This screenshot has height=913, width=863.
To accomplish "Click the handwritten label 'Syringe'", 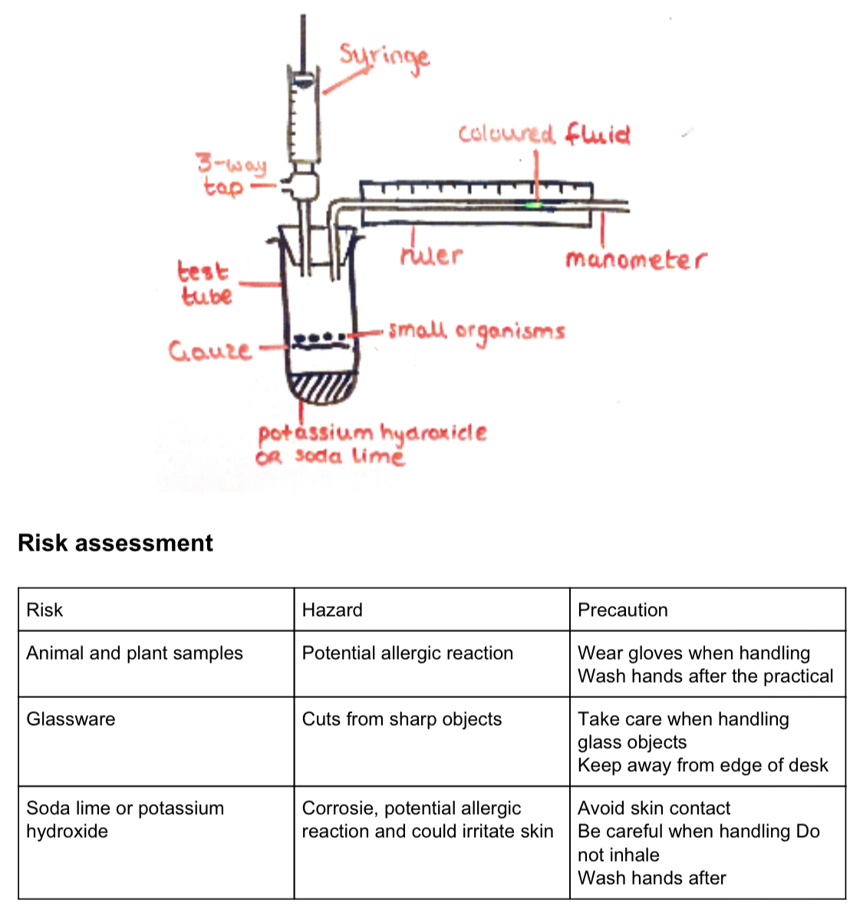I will click(384, 58).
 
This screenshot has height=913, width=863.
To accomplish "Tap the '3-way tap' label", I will click(231, 175).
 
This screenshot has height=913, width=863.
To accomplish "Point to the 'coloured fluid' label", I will click(544, 134).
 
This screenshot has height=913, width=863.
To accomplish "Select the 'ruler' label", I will click(431, 254).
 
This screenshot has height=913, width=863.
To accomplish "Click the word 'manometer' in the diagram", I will click(635, 260).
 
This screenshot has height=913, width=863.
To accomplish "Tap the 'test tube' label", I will click(204, 283).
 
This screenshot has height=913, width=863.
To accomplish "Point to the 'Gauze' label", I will click(209, 351).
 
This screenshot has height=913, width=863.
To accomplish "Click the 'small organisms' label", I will click(476, 332).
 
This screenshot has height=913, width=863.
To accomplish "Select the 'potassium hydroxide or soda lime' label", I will click(371, 444).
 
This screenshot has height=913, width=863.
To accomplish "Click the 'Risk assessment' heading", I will click(115, 543).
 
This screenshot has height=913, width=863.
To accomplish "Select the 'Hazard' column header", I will click(332, 610).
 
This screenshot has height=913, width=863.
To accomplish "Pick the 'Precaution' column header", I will click(622, 610).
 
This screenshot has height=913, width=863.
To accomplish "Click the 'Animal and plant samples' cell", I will click(134, 653).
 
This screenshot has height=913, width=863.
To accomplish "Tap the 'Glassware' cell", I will click(71, 719).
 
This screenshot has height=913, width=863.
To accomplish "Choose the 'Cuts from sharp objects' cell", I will click(401, 719).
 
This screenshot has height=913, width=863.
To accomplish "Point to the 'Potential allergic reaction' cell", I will click(407, 653).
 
